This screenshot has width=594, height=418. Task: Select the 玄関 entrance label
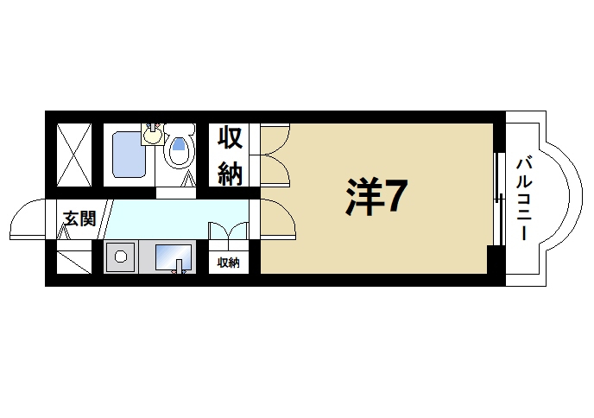pyautogui.click(x=78, y=218)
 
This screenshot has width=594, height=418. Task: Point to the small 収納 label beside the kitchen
pyautogui.click(x=228, y=263)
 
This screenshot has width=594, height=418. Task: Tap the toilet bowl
pyautogui.click(x=179, y=152)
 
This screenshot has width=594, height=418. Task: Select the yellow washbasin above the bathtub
pyautogui.click(x=153, y=135)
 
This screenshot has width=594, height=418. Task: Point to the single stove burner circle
pyautogui.click(x=121, y=256)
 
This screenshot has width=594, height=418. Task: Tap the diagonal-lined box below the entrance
pyautogui.click(x=73, y=257)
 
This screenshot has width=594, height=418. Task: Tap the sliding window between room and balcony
pyautogui.click(x=497, y=199)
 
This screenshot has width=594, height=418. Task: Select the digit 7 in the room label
pyautogui.click(x=394, y=197)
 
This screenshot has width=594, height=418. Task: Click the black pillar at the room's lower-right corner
pyautogui.click(x=495, y=258)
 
